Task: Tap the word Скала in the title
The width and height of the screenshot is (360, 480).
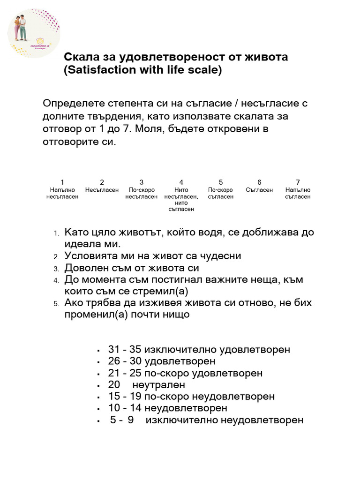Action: pyautogui.click(x=82, y=57)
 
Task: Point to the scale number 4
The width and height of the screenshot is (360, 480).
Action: pyautogui.click(x=181, y=182)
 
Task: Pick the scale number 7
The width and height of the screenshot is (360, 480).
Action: pyautogui.click(x=298, y=182)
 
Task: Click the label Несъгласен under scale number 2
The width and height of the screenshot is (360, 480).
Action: pyautogui.click(x=102, y=190)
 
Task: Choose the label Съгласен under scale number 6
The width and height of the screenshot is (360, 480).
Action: pyautogui.click(x=259, y=190)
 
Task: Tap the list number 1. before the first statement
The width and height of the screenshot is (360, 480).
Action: pyautogui.click(x=56, y=233)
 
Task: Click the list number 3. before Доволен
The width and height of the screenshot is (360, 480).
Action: pyautogui.click(x=56, y=269)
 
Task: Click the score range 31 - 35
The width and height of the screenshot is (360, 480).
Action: pyautogui.click(x=125, y=350)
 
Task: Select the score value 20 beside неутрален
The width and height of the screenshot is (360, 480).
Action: pyautogui.click(x=114, y=385)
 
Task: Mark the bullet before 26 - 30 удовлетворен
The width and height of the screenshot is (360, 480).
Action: pyautogui.click(x=99, y=362)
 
